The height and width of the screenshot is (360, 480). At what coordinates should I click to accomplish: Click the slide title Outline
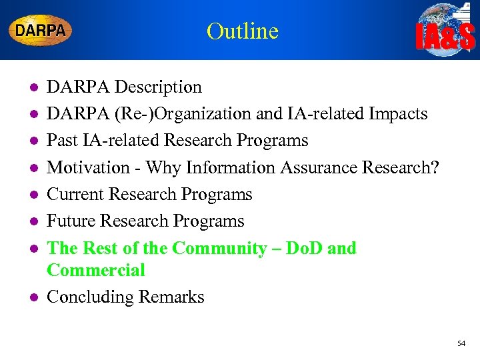pyautogui.click(x=242, y=31)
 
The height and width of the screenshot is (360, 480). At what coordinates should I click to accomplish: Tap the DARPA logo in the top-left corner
pyautogui.click(x=40, y=30)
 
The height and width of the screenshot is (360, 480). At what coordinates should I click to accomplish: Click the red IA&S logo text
pyautogui.click(x=445, y=39)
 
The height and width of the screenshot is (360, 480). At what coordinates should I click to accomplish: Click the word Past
pyautogui.click(x=63, y=141)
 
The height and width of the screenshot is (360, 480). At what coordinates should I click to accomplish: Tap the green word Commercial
pyautogui.click(x=95, y=270)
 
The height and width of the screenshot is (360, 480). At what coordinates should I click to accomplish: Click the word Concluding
pyautogui.click(x=90, y=297)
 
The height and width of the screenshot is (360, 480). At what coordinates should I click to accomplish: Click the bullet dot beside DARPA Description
pyautogui.click(x=25, y=88)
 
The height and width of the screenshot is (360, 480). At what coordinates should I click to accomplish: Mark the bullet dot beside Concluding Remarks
pyautogui.click(x=25, y=297)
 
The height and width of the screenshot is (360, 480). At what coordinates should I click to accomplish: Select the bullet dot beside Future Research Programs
pyautogui.click(x=25, y=221)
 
